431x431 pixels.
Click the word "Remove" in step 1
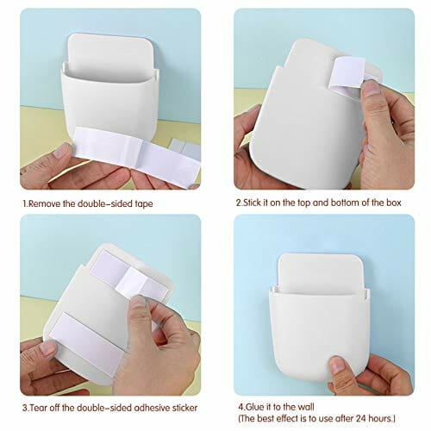[x=45, y=203]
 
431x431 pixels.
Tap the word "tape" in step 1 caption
[x=144, y=204]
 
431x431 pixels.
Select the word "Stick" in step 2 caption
[x=252, y=203]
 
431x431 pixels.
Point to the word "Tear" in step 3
[x=39, y=408]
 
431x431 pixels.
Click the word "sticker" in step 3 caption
[x=184, y=408]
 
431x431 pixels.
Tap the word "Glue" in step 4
[x=255, y=407]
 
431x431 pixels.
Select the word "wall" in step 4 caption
[x=304, y=407]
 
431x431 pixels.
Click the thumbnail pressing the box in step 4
[x=338, y=365]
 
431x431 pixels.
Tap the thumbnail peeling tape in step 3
[x=139, y=302]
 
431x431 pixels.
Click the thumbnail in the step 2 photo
[x=372, y=88]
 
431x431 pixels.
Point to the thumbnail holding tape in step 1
[x=63, y=151]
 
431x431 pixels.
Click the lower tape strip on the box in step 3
[x=86, y=343]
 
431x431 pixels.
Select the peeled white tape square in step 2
[x=347, y=72]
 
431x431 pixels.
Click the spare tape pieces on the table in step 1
[x=184, y=147]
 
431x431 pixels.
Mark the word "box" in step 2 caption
[x=393, y=203]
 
